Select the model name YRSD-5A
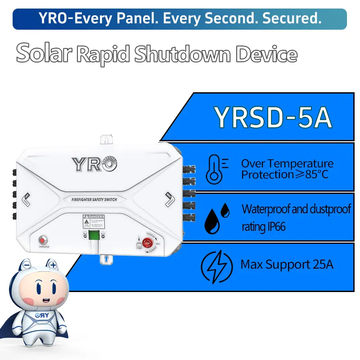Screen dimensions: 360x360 point(273,117)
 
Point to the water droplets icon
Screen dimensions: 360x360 point(217,218)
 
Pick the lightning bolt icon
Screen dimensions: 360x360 point(217,265)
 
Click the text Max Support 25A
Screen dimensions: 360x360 point(287,265)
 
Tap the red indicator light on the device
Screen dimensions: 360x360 point(44,239)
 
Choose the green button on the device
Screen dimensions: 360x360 point(94,235)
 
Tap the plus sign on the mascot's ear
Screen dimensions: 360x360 point(53,265)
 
